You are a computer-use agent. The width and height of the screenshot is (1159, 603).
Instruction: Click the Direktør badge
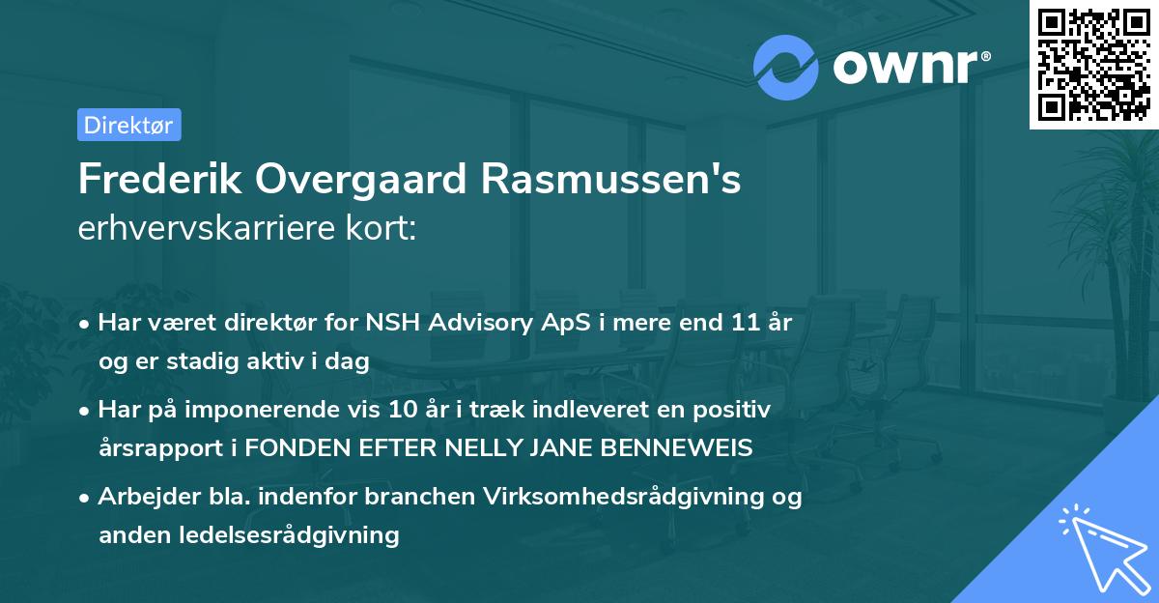pyautogui.click(x=128, y=125)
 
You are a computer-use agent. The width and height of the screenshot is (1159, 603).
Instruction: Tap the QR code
pyautogui.click(x=1093, y=65)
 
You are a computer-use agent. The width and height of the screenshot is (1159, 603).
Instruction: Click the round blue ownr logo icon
pyautogui.click(x=786, y=67)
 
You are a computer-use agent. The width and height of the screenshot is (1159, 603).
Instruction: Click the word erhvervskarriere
pyautogui.click(x=214, y=229)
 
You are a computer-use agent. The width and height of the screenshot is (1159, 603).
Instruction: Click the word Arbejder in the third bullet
pyautogui.click(x=141, y=497)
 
